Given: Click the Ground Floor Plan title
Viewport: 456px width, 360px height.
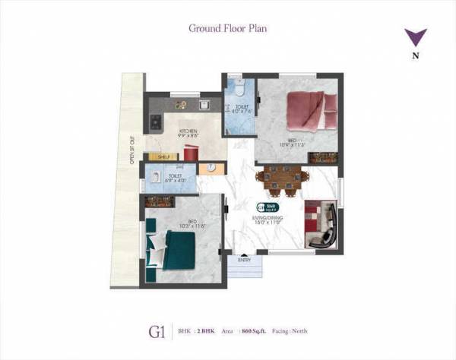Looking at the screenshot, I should pyautogui.click(x=227, y=28).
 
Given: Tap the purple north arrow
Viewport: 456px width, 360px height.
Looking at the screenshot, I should pyautogui.click(x=415, y=37).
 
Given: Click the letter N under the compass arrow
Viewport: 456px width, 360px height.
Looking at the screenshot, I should pyautogui.click(x=415, y=55).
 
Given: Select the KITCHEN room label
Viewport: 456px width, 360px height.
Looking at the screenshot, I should pyautogui.click(x=188, y=131).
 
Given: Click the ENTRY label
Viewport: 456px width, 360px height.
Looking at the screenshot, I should pyautogui.click(x=244, y=260).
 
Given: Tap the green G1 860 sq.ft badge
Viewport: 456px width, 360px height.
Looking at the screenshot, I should pyautogui.click(x=268, y=207).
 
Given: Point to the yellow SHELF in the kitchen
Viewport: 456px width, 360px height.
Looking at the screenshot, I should pyautogui.click(x=163, y=156).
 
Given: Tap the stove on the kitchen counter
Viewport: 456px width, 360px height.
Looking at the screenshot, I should pyautogui.click(x=156, y=120).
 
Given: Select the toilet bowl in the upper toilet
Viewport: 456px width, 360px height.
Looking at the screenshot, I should pyautogui.click(x=238, y=84).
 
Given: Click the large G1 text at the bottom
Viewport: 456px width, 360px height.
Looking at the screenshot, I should pyautogui.click(x=157, y=332).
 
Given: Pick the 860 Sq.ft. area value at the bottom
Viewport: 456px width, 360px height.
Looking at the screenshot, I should pyautogui.click(x=250, y=332).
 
